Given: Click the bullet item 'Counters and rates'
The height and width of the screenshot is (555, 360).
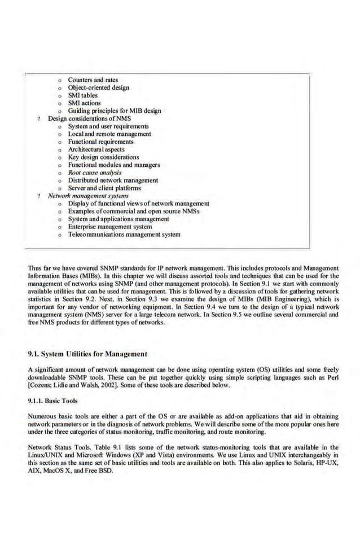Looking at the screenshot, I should (93, 80).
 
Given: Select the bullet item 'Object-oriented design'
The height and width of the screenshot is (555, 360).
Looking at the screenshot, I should (98, 87).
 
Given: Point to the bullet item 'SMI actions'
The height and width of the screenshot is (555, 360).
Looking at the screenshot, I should (84, 103).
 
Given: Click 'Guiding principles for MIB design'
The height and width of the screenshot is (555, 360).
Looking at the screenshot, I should (114, 111).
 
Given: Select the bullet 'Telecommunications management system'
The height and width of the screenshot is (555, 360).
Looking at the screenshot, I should (124, 234).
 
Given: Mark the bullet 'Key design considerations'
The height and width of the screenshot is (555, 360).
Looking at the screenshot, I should (103, 157).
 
